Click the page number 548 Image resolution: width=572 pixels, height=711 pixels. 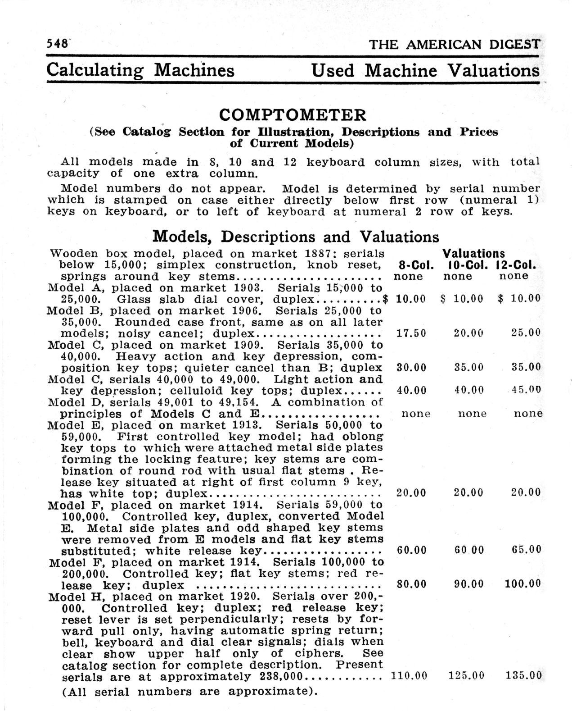57,44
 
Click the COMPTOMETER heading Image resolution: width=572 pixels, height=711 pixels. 293,115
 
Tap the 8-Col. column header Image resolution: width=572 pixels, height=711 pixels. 416,265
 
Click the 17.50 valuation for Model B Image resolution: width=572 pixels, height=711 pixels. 411,333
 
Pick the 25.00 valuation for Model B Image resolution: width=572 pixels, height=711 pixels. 526,333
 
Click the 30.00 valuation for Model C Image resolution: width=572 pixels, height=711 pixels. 411,367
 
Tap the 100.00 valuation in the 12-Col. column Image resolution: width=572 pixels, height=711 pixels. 522,584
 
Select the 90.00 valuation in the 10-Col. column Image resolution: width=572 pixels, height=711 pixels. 468,584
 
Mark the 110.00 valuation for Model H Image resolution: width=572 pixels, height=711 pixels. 410,675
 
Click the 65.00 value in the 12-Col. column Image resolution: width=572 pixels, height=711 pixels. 526,550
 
